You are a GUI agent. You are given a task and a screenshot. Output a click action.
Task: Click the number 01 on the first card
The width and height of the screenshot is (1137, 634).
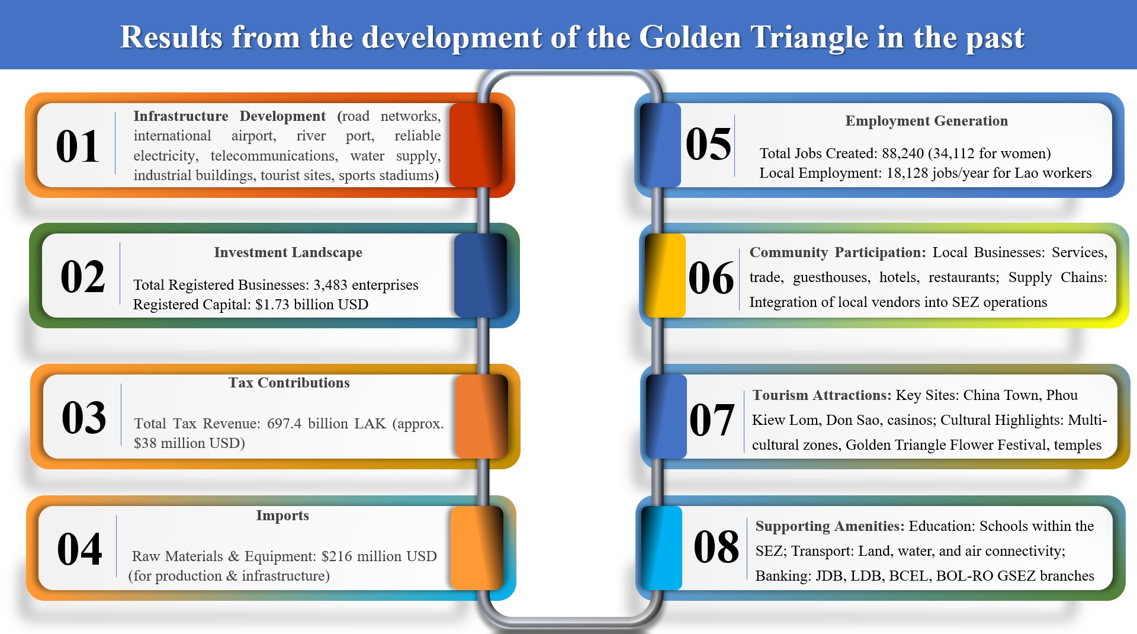78,146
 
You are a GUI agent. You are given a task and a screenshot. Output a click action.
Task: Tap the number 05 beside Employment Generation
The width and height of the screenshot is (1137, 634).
708,144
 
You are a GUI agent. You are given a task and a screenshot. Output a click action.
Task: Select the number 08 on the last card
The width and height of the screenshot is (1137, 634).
716,546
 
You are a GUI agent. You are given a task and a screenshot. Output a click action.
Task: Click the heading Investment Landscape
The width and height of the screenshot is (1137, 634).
288,252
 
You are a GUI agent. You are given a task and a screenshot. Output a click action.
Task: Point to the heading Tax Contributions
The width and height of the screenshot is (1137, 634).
289,383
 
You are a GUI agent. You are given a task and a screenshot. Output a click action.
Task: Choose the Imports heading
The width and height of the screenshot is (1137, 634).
282,515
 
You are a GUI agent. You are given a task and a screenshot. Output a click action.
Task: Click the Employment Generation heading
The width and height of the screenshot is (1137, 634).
926,121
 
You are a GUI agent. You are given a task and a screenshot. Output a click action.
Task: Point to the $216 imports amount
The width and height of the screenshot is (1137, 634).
333,556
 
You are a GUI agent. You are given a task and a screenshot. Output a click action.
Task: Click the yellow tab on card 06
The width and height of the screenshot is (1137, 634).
665,276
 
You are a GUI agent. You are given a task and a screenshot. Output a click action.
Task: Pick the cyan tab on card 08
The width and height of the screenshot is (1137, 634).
661,548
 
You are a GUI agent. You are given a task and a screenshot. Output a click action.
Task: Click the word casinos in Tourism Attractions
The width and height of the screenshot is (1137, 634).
910,420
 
